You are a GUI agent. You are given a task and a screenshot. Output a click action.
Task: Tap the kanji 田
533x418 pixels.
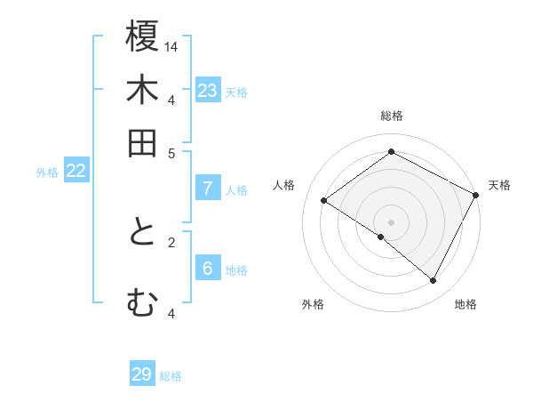click(x=142, y=143)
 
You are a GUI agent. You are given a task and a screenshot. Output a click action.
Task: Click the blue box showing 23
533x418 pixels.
click(x=208, y=91)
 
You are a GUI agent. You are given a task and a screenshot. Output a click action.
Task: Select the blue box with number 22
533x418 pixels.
click(x=76, y=172)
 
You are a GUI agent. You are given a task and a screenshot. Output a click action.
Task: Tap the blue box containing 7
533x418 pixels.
click(x=208, y=188)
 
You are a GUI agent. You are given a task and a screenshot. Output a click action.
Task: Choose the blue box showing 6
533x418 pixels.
click(x=208, y=269)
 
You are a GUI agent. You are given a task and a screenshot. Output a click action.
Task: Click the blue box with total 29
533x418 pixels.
click(x=142, y=374)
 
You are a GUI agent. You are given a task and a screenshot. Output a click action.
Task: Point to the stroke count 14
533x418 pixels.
click(x=171, y=45)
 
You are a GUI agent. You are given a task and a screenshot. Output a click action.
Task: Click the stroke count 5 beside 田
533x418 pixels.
click(x=171, y=152)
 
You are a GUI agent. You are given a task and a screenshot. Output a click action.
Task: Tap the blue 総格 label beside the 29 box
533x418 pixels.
click(x=171, y=376)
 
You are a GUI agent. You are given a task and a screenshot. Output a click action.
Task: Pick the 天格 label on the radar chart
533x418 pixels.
click(x=499, y=185)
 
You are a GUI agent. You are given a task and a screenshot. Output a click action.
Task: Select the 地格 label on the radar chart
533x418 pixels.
click(x=465, y=305)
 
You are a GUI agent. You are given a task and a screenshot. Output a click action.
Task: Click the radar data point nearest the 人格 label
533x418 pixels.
click(x=324, y=201)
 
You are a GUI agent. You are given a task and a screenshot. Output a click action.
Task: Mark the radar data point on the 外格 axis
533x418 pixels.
click(x=381, y=237)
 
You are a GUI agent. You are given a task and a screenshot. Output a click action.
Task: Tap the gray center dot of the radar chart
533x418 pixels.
click(x=391, y=221)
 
